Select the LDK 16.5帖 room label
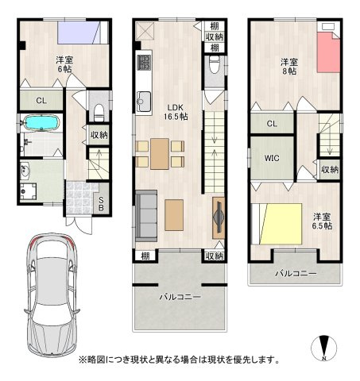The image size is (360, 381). (176, 110)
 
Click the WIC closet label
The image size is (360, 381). (271, 157)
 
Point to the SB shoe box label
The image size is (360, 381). (100, 202)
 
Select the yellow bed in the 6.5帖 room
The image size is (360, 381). (277, 225)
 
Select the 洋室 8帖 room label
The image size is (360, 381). (288, 66)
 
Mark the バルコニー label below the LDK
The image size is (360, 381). (180, 296)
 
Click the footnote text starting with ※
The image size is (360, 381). (179, 359)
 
